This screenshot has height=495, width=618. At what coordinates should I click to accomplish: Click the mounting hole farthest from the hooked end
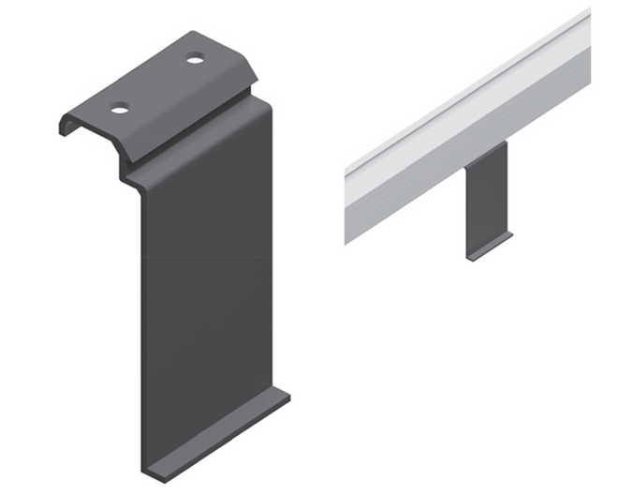[x=195, y=60]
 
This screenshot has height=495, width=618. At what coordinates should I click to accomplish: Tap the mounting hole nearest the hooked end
[x=120, y=109]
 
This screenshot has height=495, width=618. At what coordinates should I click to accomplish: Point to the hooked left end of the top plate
[x=68, y=126]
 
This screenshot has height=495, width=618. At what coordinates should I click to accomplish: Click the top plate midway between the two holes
[x=157, y=84]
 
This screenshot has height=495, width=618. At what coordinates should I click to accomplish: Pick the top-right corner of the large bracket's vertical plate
[x=271, y=101]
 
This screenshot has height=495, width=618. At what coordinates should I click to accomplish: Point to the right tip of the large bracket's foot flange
[x=288, y=397]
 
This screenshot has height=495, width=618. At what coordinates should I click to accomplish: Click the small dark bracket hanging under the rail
[x=487, y=197]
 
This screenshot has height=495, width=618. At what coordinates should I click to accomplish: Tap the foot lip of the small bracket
[x=490, y=247]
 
